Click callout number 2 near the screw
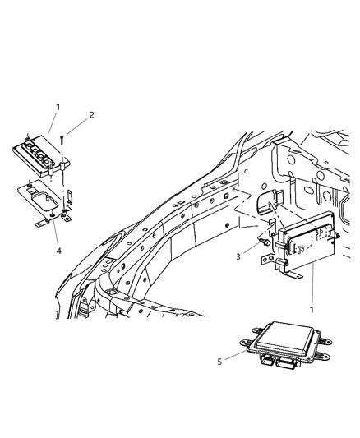pos(91,115)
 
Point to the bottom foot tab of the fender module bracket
pos(265,260)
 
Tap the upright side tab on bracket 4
pos(70,198)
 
